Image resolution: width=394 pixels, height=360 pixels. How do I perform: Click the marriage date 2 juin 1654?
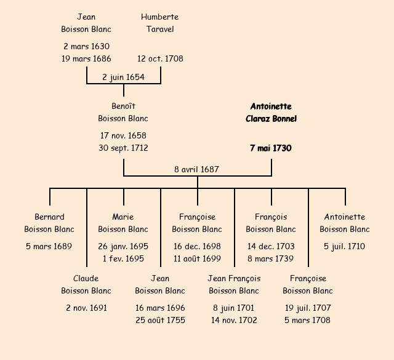pyautogui.click(x=123, y=77)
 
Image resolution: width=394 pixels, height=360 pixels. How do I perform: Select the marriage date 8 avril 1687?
pyautogui.click(x=197, y=169)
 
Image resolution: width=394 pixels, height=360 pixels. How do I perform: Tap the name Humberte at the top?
pyautogui.click(x=159, y=17)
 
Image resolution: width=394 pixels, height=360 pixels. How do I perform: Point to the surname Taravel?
pyautogui.click(x=159, y=29)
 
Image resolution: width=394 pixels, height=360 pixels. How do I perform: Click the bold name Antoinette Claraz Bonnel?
pyautogui.click(x=271, y=113)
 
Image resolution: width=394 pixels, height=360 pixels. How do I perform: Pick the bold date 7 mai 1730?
pyautogui.click(x=271, y=148)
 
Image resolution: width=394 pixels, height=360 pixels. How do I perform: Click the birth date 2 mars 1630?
pyautogui.click(x=86, y=46)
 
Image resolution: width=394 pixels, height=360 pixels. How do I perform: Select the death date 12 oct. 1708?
pyautogui.click(x=160, y=59)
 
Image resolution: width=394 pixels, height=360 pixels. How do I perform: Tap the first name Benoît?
pyautogui.click(x=123, y=106)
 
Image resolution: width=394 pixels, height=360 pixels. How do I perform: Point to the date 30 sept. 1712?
pyautogui.click(x=123, y=148)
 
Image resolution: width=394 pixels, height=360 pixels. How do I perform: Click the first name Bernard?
pyautogui.click(x=49, y=217)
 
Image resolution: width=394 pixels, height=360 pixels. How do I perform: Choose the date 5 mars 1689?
pyautogui.click(x=49, y=246)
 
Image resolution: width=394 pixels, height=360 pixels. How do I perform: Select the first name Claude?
pyautogui.click(x=86, y=279)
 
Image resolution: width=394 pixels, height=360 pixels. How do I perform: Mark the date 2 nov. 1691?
pyautogui.click(x=86, y=308)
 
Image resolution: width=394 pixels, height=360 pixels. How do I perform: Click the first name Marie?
pyautogui.click(x=123, y=217)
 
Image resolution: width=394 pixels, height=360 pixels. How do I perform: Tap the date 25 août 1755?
pyautogui.click(x=160, y=320)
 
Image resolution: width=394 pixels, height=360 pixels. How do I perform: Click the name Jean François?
pyautogui.click(x=234, y=279)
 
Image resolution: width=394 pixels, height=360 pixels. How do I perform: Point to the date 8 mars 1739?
pyautogui.click(x=271, y=258)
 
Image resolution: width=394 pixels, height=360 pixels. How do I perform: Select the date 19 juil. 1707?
pyautogui.click(x=308, y=308)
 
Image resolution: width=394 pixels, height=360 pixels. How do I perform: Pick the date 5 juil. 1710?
pyautogui.click(x=345, y=246)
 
